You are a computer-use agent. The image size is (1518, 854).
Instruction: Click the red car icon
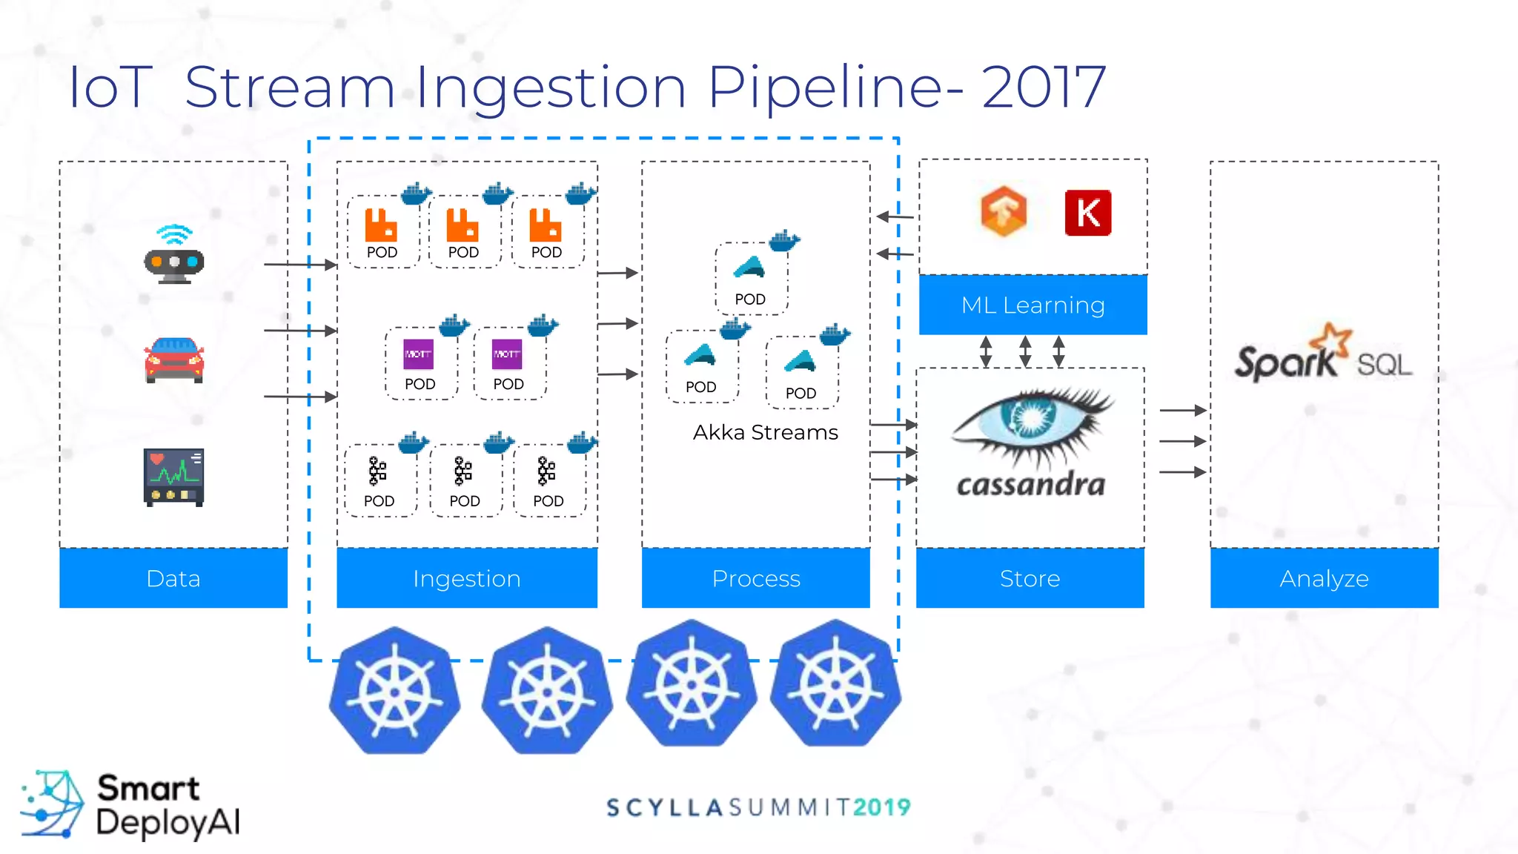coord(174,360)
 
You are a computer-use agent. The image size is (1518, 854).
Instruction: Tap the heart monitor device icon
coord(173,477)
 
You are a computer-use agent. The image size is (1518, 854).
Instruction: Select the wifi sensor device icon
coord(173,255)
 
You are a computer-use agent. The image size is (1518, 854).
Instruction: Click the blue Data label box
coord(173,578)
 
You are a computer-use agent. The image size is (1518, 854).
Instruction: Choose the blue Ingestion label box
coord(467,578)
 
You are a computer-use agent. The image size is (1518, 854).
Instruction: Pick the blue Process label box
coord(755,578)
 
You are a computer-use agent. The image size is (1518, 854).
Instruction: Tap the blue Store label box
coord(1030,578)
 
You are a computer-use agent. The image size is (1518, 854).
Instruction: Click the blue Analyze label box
coord(1324,578)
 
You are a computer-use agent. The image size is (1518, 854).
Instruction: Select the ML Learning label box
coord(1033,305)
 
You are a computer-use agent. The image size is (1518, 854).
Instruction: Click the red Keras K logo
coord(1087,213)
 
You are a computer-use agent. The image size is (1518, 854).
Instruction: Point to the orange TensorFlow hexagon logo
coord(1004,212)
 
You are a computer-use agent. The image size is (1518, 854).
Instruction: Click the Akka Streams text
coord(765,432)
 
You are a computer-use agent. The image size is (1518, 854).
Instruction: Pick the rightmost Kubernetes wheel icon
coord(835,683)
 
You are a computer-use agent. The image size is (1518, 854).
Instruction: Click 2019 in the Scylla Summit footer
coord(881,807)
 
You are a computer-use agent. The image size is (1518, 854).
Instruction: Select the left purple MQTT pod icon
coord(418,354)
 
